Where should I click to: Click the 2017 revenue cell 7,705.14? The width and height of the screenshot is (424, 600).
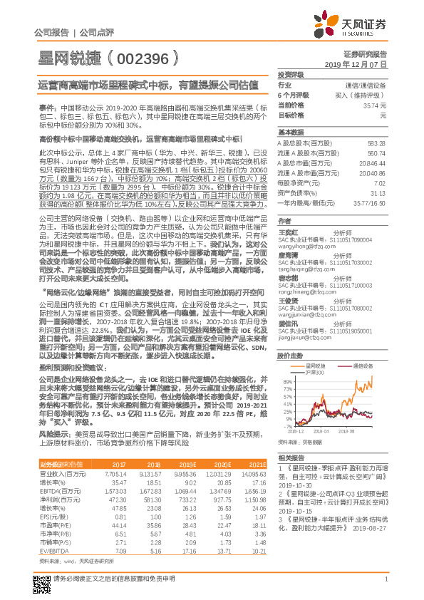[115, 473]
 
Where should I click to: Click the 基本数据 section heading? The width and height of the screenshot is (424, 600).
[290, 133]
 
